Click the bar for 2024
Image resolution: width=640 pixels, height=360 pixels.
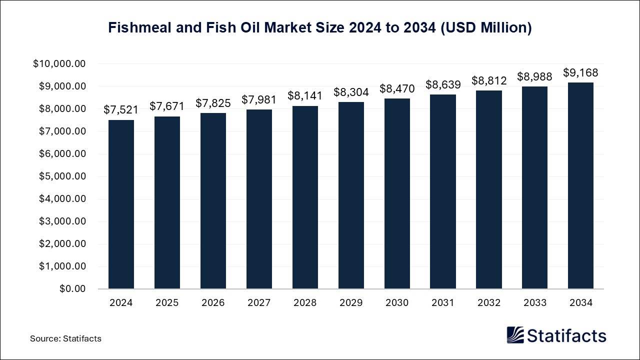click(x=121, y=204)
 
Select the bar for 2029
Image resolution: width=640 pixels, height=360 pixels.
click(x=351, y=195)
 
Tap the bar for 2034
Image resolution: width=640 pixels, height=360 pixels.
click(x=580, y=186)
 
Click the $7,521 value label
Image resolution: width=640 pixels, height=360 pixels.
click(x=121, y=110)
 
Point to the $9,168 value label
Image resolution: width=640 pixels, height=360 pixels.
click(x=580, y=73)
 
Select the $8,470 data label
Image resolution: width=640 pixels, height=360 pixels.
click(x=397, y=88)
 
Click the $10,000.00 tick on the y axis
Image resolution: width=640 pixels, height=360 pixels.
click(x=59, y=64)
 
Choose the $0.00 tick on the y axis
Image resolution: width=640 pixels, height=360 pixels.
click(x=73, y=289)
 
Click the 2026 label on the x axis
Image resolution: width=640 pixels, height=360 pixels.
click(x=213, y=303)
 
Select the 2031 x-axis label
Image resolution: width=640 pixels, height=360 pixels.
click(x=443, y=303)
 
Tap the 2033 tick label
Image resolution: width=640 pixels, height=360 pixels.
click(x=534, y=303)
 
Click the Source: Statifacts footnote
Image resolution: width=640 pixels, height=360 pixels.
click(x=65, y=338)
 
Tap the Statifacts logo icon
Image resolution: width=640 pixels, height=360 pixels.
click(x=515, y=335)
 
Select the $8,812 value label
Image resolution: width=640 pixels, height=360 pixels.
click(x=489, y=81)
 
